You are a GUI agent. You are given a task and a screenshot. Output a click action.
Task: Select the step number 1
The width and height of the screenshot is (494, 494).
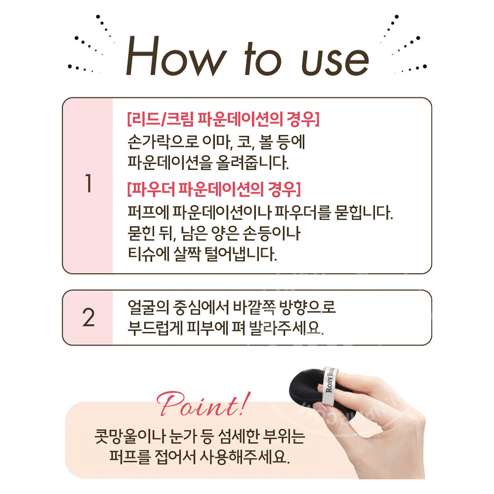(88, 184)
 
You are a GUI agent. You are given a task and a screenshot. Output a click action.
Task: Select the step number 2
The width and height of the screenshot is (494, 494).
(88, 317)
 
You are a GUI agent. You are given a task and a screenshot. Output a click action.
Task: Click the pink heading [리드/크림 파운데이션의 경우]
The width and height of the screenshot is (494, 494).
(223, 120)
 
